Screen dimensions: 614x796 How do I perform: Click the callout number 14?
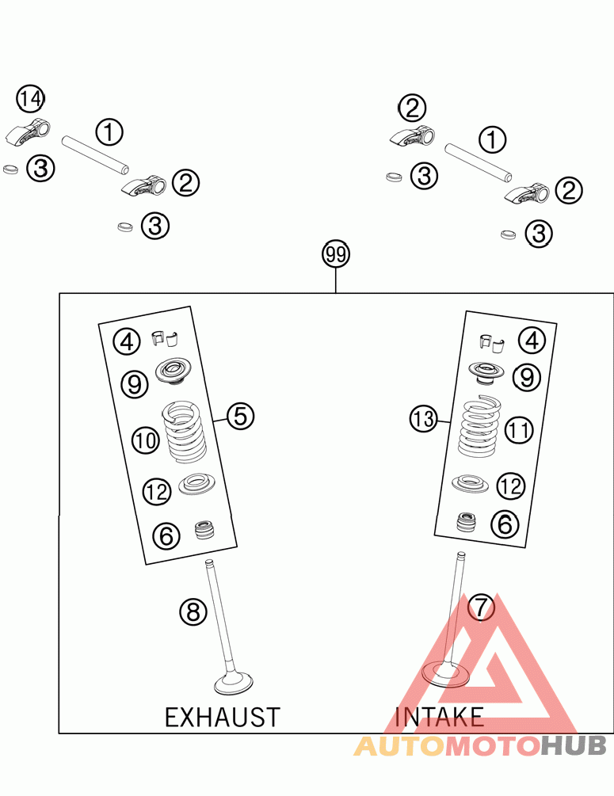click(30, 99)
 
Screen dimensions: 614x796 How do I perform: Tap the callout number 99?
click(336, 255)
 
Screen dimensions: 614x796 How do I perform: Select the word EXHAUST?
click(222, 718)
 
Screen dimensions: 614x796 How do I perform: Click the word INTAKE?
click(439, 718)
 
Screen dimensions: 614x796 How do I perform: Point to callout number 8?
click(193, 611)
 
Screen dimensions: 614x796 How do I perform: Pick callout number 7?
click(481, 607)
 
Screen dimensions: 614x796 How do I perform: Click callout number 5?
click(241, 415)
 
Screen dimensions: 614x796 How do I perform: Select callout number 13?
click(424, 418)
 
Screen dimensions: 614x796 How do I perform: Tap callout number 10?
click(147, 440)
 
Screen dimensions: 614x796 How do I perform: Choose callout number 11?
click(519, 430)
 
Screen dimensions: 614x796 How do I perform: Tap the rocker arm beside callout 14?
click(29, 131)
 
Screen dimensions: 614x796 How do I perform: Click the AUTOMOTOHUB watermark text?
click(480, 745)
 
